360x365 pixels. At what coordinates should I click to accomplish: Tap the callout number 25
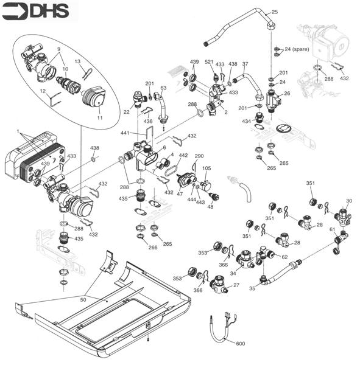click(x=274, y=12)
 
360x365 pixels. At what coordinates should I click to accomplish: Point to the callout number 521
click(x=209, y=62)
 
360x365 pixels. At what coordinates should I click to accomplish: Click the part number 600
click(x=240, y=344)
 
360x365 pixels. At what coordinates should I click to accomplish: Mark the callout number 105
click(x=206, y=168)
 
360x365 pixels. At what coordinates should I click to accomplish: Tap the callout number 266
click(x=152, y=247)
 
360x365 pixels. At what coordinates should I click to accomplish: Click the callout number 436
click(x=148, y=122)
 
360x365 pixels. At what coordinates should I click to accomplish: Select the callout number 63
click(x=163, y=88)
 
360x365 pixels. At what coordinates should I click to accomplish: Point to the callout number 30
click(x=349, y=200)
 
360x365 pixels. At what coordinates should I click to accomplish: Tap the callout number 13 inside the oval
click(x=77, y=61)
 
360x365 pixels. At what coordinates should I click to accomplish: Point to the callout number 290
click(x=199, y=156)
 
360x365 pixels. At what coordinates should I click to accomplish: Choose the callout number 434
click(x=247, y=122)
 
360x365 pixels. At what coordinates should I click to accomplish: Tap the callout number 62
click(x=284, y=257)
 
